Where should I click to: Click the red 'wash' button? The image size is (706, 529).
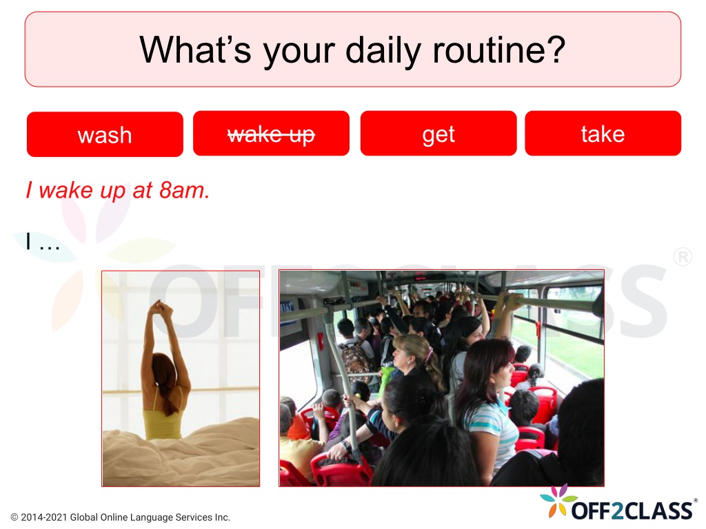click(x=105, y=134)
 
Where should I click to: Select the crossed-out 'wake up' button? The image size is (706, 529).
click(x=271, y=134)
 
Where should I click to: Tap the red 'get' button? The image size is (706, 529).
click(x=438, y=134)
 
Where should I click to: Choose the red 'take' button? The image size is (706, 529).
click(x=603, y=134)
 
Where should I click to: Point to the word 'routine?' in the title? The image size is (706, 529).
click(x=499, y=49)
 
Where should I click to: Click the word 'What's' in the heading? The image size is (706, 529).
click(x=195, y=49)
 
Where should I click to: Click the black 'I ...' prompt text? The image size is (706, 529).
click(x=42, y=241)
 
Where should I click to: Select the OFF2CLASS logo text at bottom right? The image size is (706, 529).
click(x=632, y=510)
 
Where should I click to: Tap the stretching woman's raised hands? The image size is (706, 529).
click(x=161, y=308)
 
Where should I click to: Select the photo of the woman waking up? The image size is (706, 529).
click(x=181, y=378)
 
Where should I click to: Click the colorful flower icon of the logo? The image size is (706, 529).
click(x=558, y=499)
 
